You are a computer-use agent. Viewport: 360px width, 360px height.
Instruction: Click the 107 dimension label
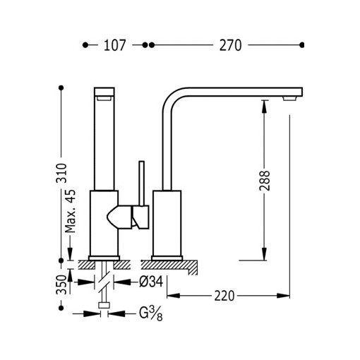pos(115,45)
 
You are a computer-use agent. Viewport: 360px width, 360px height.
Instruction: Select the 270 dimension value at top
pos(231,45)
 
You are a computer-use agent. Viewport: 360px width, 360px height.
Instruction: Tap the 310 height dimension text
pos(61,173)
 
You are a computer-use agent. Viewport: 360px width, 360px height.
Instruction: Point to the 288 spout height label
pos(265,181)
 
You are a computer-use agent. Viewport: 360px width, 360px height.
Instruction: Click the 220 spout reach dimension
pos(224,296)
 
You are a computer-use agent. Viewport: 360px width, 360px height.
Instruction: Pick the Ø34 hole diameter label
pos(151,282)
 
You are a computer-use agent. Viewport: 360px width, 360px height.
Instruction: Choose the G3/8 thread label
pos(151,314)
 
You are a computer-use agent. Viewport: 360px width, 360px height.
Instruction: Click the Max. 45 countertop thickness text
pos(71,211)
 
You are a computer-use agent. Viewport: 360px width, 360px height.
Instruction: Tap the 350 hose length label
pos(61,284)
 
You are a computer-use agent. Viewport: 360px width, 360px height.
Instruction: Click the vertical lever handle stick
pos(142,184)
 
